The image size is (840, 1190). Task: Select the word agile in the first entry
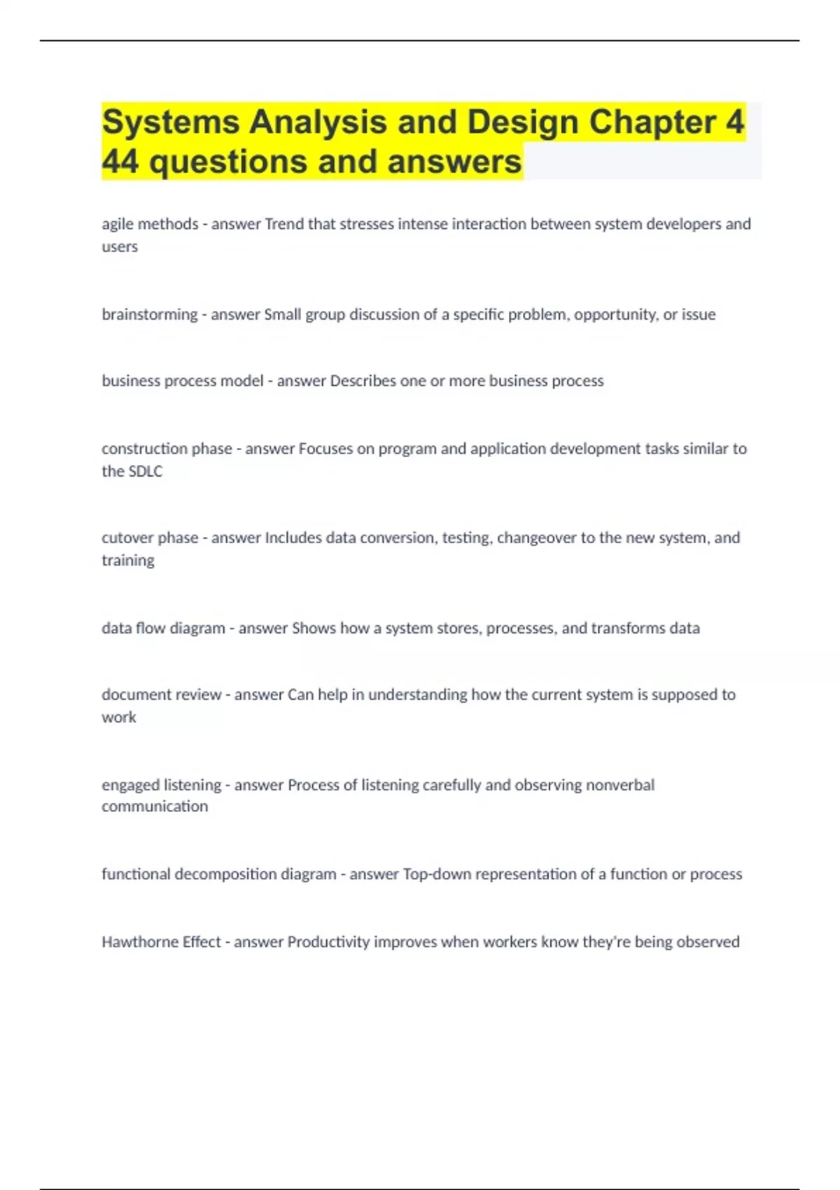(x=118, y=224)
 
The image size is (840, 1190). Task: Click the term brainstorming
(x=149, y=314)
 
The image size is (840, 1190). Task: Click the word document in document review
(x=126, y=694)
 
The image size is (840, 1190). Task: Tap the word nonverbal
(x=619, y=785)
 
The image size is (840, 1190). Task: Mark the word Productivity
(x=328, y=941)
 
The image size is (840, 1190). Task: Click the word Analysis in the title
(x=318, y=122)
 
